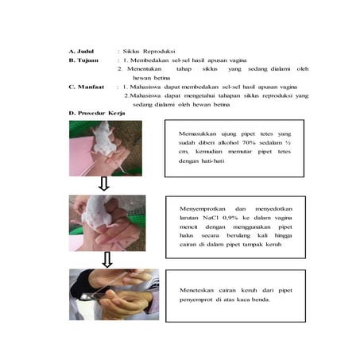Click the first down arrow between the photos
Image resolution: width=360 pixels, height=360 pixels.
click(103, 185)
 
